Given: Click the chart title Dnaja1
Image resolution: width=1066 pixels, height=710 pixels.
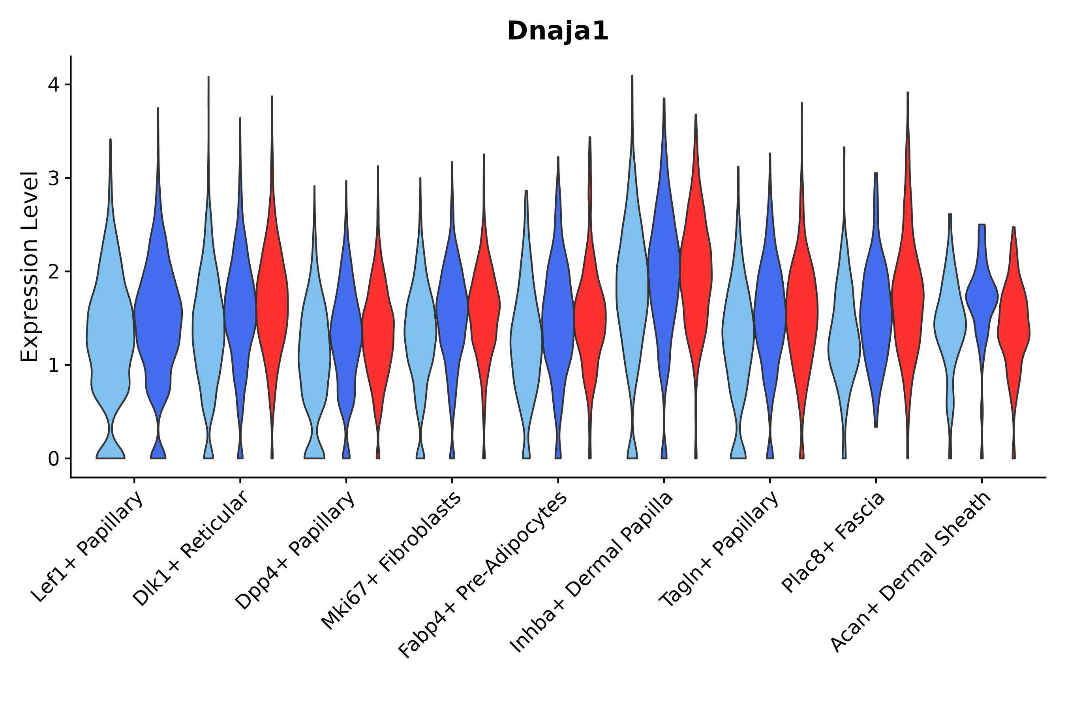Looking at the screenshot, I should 557,31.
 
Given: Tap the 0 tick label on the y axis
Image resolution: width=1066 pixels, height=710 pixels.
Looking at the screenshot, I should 53,459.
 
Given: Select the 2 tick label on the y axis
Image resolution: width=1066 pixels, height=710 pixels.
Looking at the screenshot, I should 53,272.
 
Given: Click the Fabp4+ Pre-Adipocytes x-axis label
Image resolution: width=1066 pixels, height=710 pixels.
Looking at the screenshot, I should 483,575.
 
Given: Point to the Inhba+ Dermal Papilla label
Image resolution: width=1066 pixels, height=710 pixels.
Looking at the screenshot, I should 592,573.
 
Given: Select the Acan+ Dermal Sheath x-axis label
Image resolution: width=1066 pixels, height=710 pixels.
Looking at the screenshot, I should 911,572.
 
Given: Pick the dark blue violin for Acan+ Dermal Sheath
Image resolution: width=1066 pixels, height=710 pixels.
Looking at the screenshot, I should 982,299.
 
